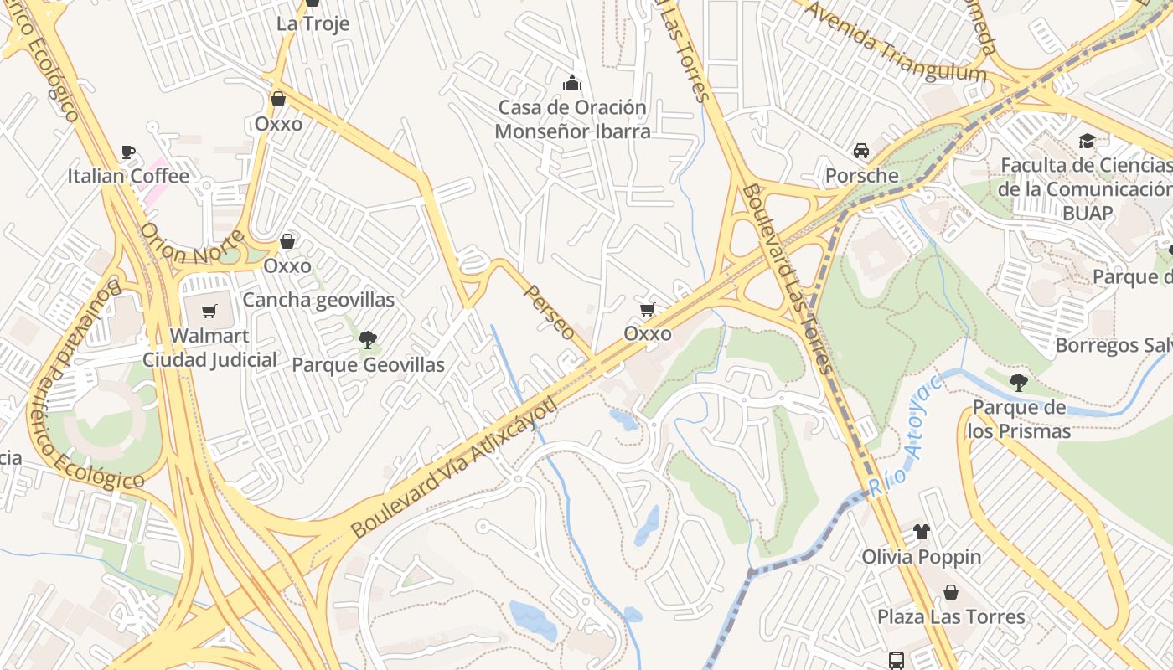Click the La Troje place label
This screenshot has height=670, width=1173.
[313, 23]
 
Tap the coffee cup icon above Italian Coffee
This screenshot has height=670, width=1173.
[128, 152]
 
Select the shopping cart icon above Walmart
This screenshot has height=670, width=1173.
[209, 312]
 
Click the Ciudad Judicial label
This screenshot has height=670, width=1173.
[209, 360]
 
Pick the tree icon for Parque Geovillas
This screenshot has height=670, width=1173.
[367, 339]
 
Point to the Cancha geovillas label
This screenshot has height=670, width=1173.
[318, 300]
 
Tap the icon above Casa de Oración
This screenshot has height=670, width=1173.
[572, 83]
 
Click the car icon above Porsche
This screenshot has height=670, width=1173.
[860, 151]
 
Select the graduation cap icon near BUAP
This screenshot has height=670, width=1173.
[1087, 141]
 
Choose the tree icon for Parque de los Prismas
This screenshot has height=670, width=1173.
[1018, 383]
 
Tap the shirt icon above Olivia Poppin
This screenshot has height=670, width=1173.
[921, 531]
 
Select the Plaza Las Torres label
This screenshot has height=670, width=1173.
[951, 617]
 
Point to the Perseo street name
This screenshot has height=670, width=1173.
[550, 312]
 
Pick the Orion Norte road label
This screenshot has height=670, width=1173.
[192, 245]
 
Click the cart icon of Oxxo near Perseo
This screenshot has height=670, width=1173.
[647, 310]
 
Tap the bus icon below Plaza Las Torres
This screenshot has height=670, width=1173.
[897, 660]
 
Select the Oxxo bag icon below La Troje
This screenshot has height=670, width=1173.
[278, 99]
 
